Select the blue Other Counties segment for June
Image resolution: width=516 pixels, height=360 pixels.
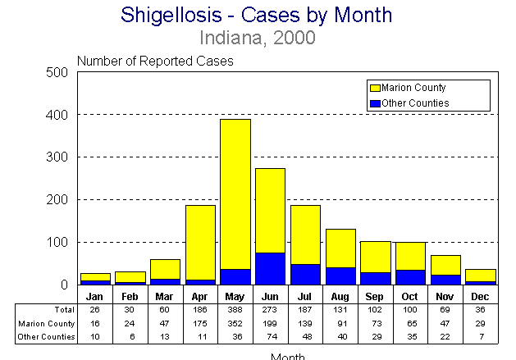[271, 269]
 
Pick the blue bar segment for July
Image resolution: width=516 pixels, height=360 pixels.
[306, 275]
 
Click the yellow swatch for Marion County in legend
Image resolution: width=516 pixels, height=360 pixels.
[376, 87]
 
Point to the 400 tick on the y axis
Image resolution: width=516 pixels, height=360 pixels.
[57, 115]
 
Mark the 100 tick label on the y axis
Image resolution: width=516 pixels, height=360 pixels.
[57, 243]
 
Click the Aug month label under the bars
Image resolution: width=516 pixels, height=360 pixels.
[340, 295]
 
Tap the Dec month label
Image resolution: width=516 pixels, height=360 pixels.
[481, 295]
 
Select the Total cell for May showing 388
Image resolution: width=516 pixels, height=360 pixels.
[235, 310]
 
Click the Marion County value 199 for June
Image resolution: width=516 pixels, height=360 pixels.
[271, 324]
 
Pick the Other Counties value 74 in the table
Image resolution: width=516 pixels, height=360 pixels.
[271, 338]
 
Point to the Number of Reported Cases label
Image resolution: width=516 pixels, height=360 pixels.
[155, 61]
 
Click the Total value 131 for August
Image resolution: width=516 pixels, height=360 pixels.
[340, 310]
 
